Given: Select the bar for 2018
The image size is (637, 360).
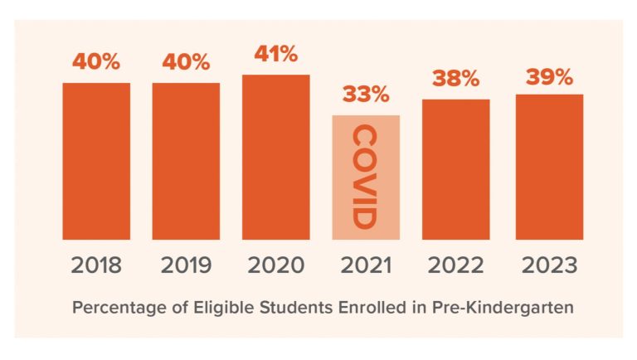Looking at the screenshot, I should tap(96, 161).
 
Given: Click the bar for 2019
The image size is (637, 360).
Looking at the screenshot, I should tap(186, 161).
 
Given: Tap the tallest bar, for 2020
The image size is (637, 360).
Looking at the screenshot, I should tap(276, 157).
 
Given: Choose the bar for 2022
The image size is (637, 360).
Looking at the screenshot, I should tap(455, 169).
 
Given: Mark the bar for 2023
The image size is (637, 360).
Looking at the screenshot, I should tap(548, 167).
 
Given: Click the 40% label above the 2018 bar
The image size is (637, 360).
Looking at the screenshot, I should tap(96, 62).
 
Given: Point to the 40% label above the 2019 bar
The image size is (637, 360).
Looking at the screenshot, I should tap(186, 62).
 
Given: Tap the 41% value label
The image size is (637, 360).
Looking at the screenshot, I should tap(276, 54).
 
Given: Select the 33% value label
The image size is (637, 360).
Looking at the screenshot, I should tap(366, 95).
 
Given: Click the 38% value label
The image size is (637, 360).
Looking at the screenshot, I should tap(455, 79).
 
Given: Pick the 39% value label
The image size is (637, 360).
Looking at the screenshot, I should tap(548, 76).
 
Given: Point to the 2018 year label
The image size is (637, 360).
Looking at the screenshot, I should tap(96, 266).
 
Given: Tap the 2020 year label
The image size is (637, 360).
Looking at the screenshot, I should tap(276, 266).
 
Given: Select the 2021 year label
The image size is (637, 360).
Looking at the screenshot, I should tap(366, 266).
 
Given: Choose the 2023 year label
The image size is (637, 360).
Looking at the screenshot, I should tap(548, 266).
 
